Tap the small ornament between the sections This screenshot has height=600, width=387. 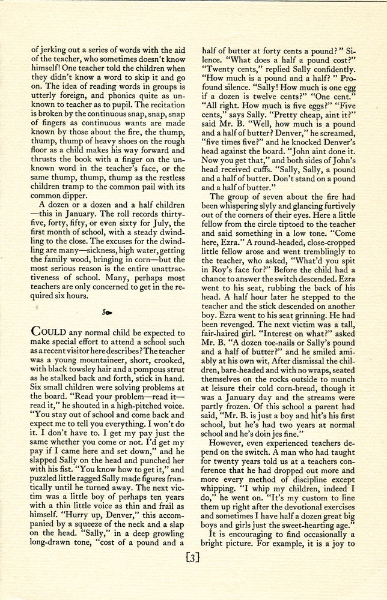(108, 313)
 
